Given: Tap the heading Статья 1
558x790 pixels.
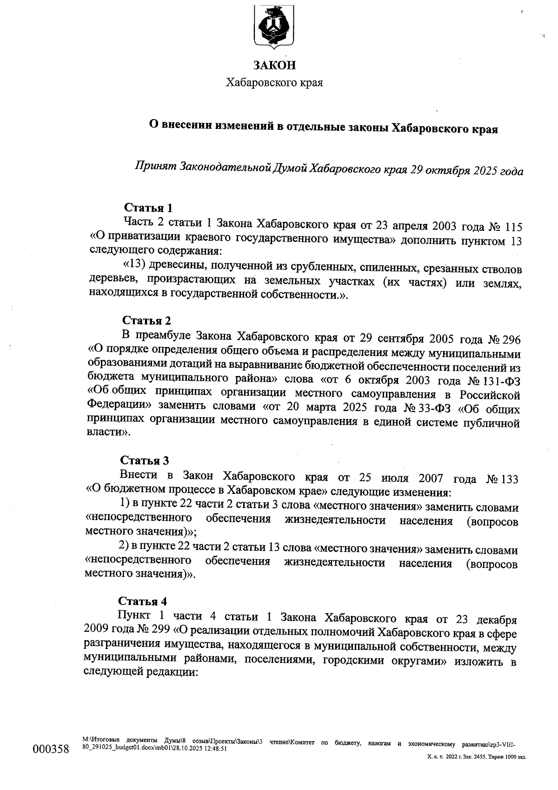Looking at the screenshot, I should coord(148,208).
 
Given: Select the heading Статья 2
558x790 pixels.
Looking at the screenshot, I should coord(146,320).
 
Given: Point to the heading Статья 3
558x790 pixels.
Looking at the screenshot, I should coord(145,460).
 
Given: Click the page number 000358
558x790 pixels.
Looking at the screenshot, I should coord(51,749).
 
